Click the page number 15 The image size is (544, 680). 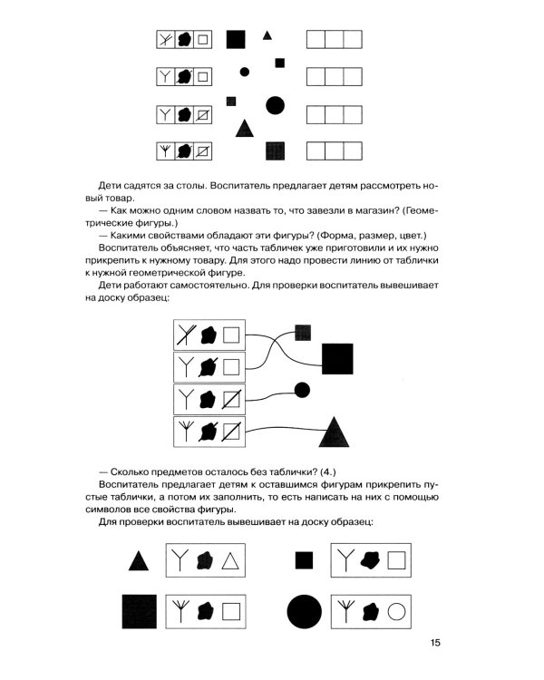435,644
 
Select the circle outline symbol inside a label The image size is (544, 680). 395,612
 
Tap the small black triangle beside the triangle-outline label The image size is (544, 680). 138,561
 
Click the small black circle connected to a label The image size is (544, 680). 303,390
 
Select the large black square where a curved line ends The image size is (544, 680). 336,357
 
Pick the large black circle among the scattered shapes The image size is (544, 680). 276,105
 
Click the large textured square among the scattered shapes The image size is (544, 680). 276,150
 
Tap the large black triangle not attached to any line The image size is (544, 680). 243,128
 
